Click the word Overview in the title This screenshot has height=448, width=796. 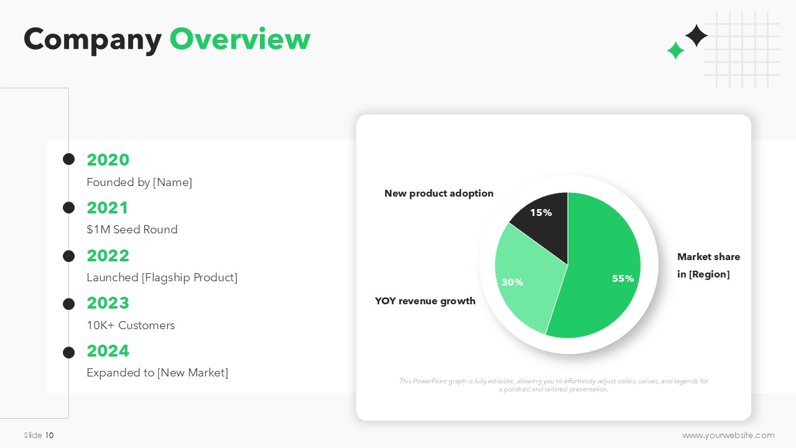click(240, 39)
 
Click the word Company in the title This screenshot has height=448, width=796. click(93, 41)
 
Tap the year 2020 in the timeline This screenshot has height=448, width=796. click(108, 160)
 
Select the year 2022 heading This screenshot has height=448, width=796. click(108, 256)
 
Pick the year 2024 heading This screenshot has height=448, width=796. click(108, 351)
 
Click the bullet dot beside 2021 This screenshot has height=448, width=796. click(68, 208)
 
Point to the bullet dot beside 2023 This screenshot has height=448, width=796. click(68, 304)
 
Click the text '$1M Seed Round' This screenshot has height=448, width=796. click(132, 230)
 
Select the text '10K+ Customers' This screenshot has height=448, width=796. click(131, 325)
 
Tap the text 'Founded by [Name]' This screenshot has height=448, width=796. click(139, 182)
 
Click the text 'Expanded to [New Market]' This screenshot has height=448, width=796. click(157, 373)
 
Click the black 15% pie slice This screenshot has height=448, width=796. click(544, 228)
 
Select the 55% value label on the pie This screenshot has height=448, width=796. click(623, 278)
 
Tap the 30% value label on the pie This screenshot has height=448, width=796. click(512, 282)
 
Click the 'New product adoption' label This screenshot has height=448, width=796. click(439, 194)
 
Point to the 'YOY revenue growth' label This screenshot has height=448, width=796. click(425, 301)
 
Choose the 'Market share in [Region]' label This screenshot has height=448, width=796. click(708, 265)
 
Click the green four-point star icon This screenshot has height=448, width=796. click(675, 50)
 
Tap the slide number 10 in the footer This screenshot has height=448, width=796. click(49, 435)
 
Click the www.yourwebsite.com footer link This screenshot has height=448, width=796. click(728, 435)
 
